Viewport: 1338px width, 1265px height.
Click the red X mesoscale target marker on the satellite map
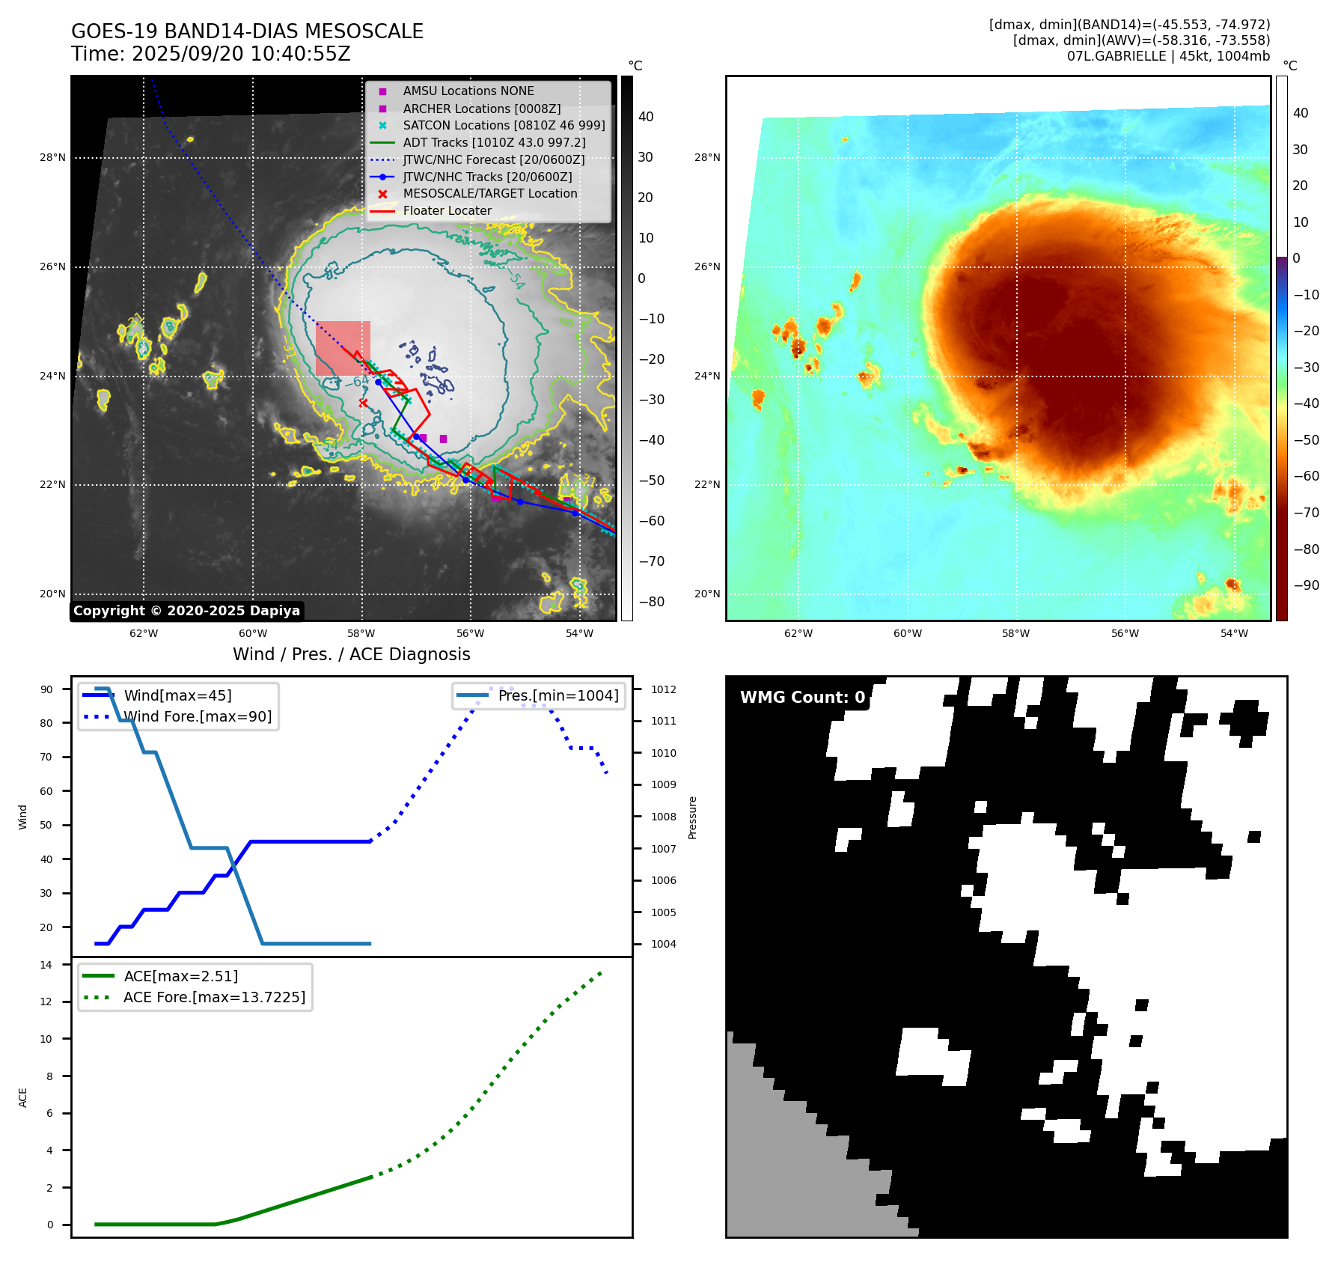click(363, 403)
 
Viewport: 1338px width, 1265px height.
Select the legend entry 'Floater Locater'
click(447, 211)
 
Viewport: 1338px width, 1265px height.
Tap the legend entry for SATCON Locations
click(504, 126)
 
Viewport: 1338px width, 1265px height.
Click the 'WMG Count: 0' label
click(802, 698)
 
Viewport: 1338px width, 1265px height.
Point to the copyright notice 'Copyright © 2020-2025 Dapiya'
click(186, 611)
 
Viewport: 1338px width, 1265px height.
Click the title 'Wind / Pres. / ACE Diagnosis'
click(351, 655)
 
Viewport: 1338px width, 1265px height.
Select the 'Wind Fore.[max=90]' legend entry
click(198, 717)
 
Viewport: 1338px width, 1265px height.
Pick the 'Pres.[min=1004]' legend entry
click(557, 696)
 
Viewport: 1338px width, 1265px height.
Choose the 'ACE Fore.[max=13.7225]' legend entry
click(214, 998)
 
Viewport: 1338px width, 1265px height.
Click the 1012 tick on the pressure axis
click(663, 689)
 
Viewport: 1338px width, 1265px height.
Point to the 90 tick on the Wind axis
click(46, 689)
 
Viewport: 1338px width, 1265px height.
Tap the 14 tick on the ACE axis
click(46, 965)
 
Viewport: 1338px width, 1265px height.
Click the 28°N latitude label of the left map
click(52, 158)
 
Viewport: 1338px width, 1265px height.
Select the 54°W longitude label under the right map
click(1234, 634)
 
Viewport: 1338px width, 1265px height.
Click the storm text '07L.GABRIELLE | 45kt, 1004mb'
click(1168, 56)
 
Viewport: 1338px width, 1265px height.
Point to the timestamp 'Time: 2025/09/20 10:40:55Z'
click(210, 55)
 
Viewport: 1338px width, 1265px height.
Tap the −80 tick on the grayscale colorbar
click(651, 602)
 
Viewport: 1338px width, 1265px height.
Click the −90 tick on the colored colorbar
click(1306, 585)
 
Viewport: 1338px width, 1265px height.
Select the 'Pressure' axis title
click(693, 817)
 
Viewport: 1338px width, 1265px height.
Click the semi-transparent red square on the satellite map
click(343, 348)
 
